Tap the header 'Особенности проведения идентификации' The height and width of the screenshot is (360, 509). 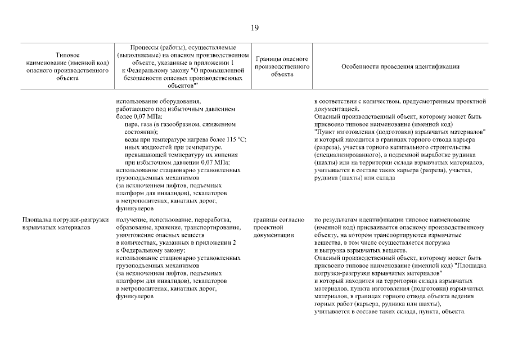[400, 66]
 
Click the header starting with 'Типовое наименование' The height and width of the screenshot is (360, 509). [67, 66]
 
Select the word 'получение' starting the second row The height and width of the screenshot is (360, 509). [130, 219]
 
